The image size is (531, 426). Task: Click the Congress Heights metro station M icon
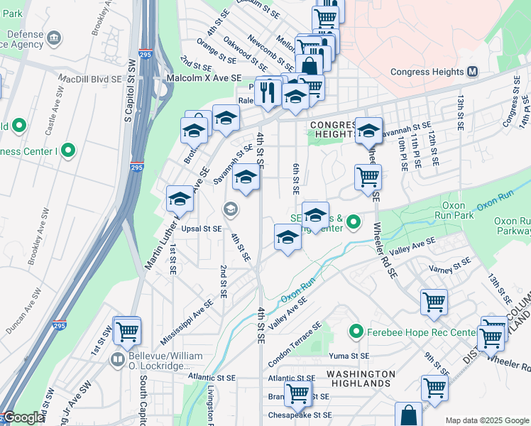click(473, 72)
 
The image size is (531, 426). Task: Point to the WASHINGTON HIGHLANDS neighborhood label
click(361, 378)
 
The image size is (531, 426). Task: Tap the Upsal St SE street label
click(202, 229)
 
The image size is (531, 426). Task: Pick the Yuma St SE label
click(349, 356)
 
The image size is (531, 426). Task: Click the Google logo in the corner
click(23, 418)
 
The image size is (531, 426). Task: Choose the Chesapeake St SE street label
click(300, 415)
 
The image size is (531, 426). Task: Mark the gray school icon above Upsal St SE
click(229, 209)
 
